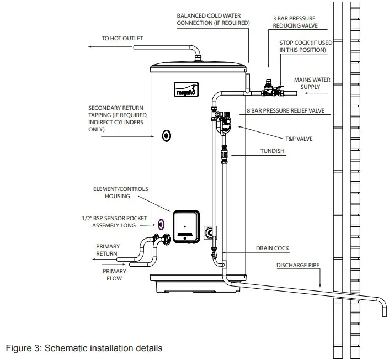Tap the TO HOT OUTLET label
tap(122, 39)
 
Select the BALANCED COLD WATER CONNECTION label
tap(213, 19)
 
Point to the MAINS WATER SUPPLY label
tap(312, 83)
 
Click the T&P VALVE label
tap(299, 139)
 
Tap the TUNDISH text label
tap(273, 150)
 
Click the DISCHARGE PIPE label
tap(298, 266)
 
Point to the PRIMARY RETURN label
tap(106, 250)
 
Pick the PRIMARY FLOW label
tap(114, 275)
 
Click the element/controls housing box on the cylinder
tap(185, 226)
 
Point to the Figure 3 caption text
tap(84, 348)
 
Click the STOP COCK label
tap(303, 46)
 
